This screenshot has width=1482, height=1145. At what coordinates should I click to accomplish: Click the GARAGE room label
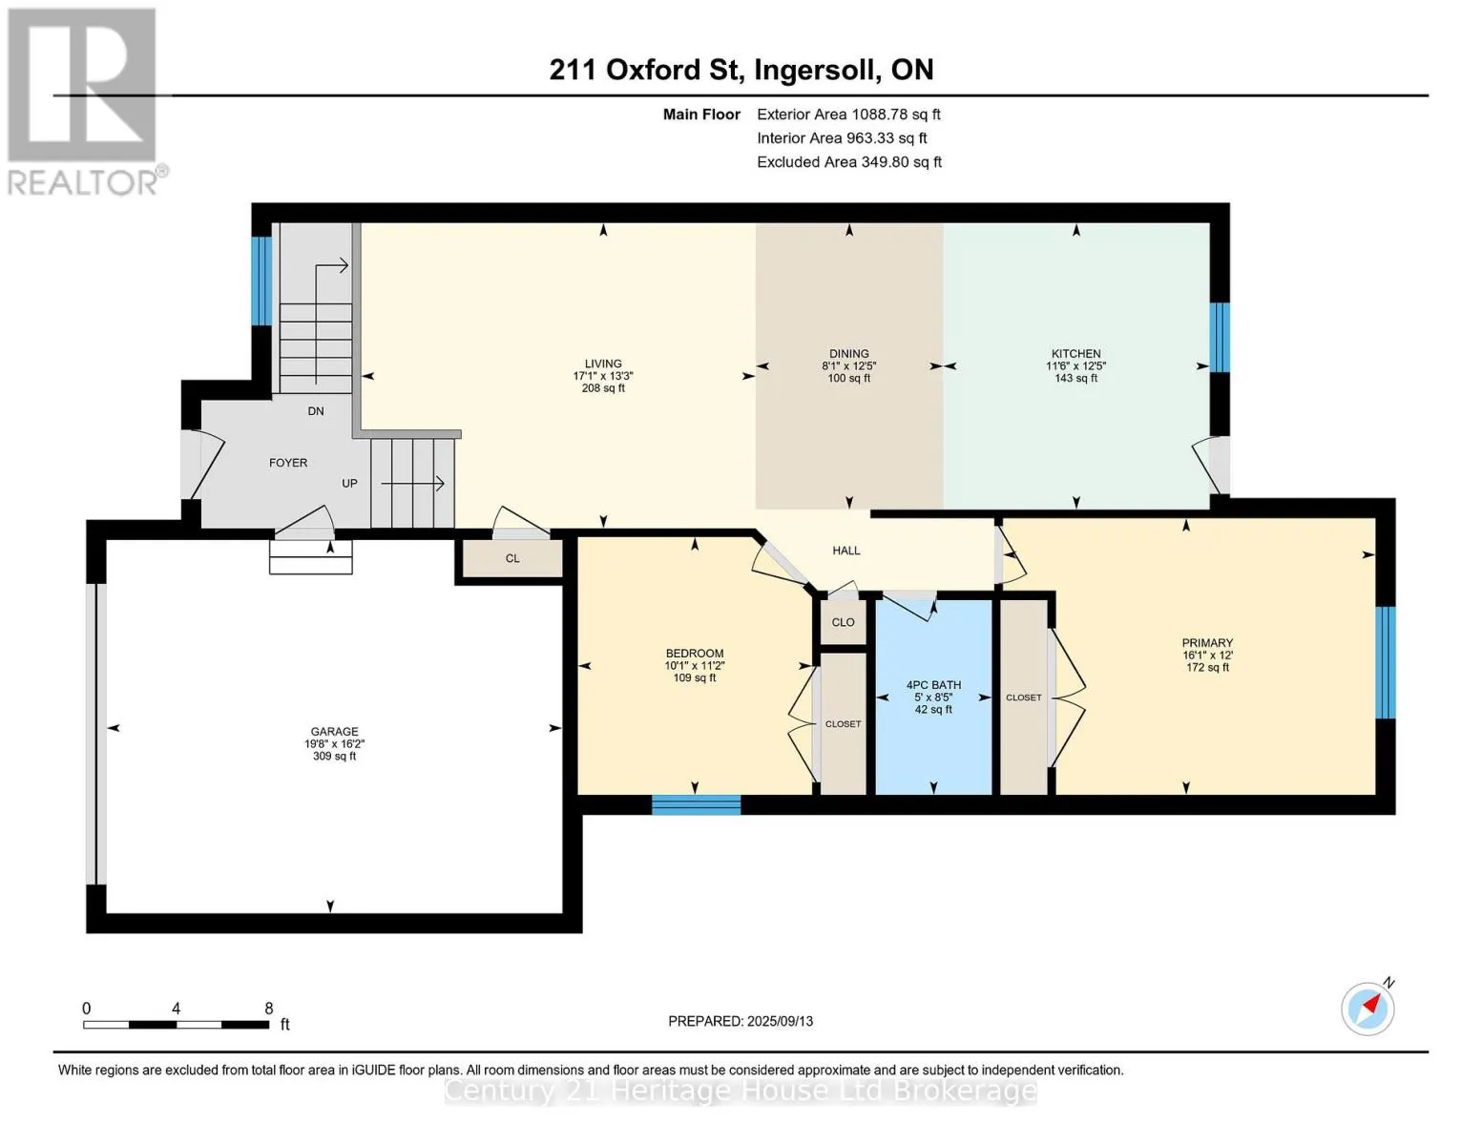coord(334,731)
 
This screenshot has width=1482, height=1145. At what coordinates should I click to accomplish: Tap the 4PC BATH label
coord(933,685)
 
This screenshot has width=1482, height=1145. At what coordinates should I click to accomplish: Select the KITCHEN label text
coord(1075,353)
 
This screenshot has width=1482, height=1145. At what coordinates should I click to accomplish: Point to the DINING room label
coord(848,353)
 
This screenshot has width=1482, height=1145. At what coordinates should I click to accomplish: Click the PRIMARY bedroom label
coord(1207,642)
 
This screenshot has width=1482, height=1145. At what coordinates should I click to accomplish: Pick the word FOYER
coord(288,463)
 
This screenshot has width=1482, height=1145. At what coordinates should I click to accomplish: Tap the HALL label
coord(845,551)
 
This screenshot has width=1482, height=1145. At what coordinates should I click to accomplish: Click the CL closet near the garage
coord(512,558)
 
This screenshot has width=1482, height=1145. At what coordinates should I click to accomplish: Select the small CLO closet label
coord(843,622)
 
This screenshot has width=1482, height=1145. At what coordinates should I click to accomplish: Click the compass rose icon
coord(1367,1009)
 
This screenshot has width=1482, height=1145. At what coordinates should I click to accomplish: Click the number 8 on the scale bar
coord(269,1008)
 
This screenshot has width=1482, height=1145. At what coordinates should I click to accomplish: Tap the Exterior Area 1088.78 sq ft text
coord(848,114)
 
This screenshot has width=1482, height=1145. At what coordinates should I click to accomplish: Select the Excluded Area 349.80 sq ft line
coord(849,162)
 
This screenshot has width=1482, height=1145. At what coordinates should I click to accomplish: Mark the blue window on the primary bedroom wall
coord(1386,662)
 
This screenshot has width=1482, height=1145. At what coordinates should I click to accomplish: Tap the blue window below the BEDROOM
coord(696,804)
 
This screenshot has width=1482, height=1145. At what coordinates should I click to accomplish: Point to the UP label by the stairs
coord(349,483)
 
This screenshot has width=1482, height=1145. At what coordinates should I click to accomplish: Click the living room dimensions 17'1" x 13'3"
coord(603,376)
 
